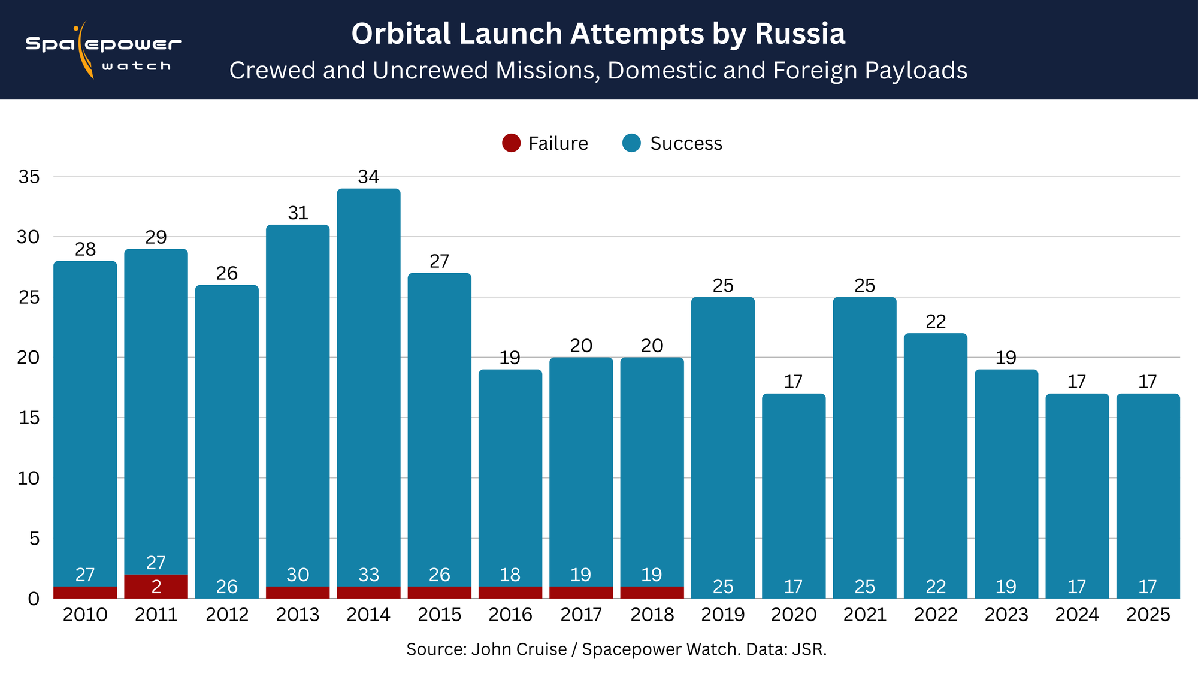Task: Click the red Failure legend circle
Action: (x=511, y=143)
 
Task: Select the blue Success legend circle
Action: (x=631, y=143)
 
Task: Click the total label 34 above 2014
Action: (x=368, y=177)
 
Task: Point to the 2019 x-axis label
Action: (x=723, y=615)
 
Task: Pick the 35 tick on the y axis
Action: (x=29, y=177)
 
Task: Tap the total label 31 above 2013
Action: (x=298, y=213)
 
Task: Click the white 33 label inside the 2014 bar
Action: (x=368, y=575)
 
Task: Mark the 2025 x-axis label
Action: (x=1148, y=615)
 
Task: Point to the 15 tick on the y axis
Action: (x=29, y=418)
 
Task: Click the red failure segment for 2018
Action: (x=652, y=593)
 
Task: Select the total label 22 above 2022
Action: (x=936, y=322)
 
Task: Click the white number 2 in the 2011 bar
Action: (x=156, y=587)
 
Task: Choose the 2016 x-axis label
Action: (x=510, y=615)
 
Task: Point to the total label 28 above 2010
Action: (x=85, y=249)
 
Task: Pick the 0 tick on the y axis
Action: (x=34, y=599)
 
